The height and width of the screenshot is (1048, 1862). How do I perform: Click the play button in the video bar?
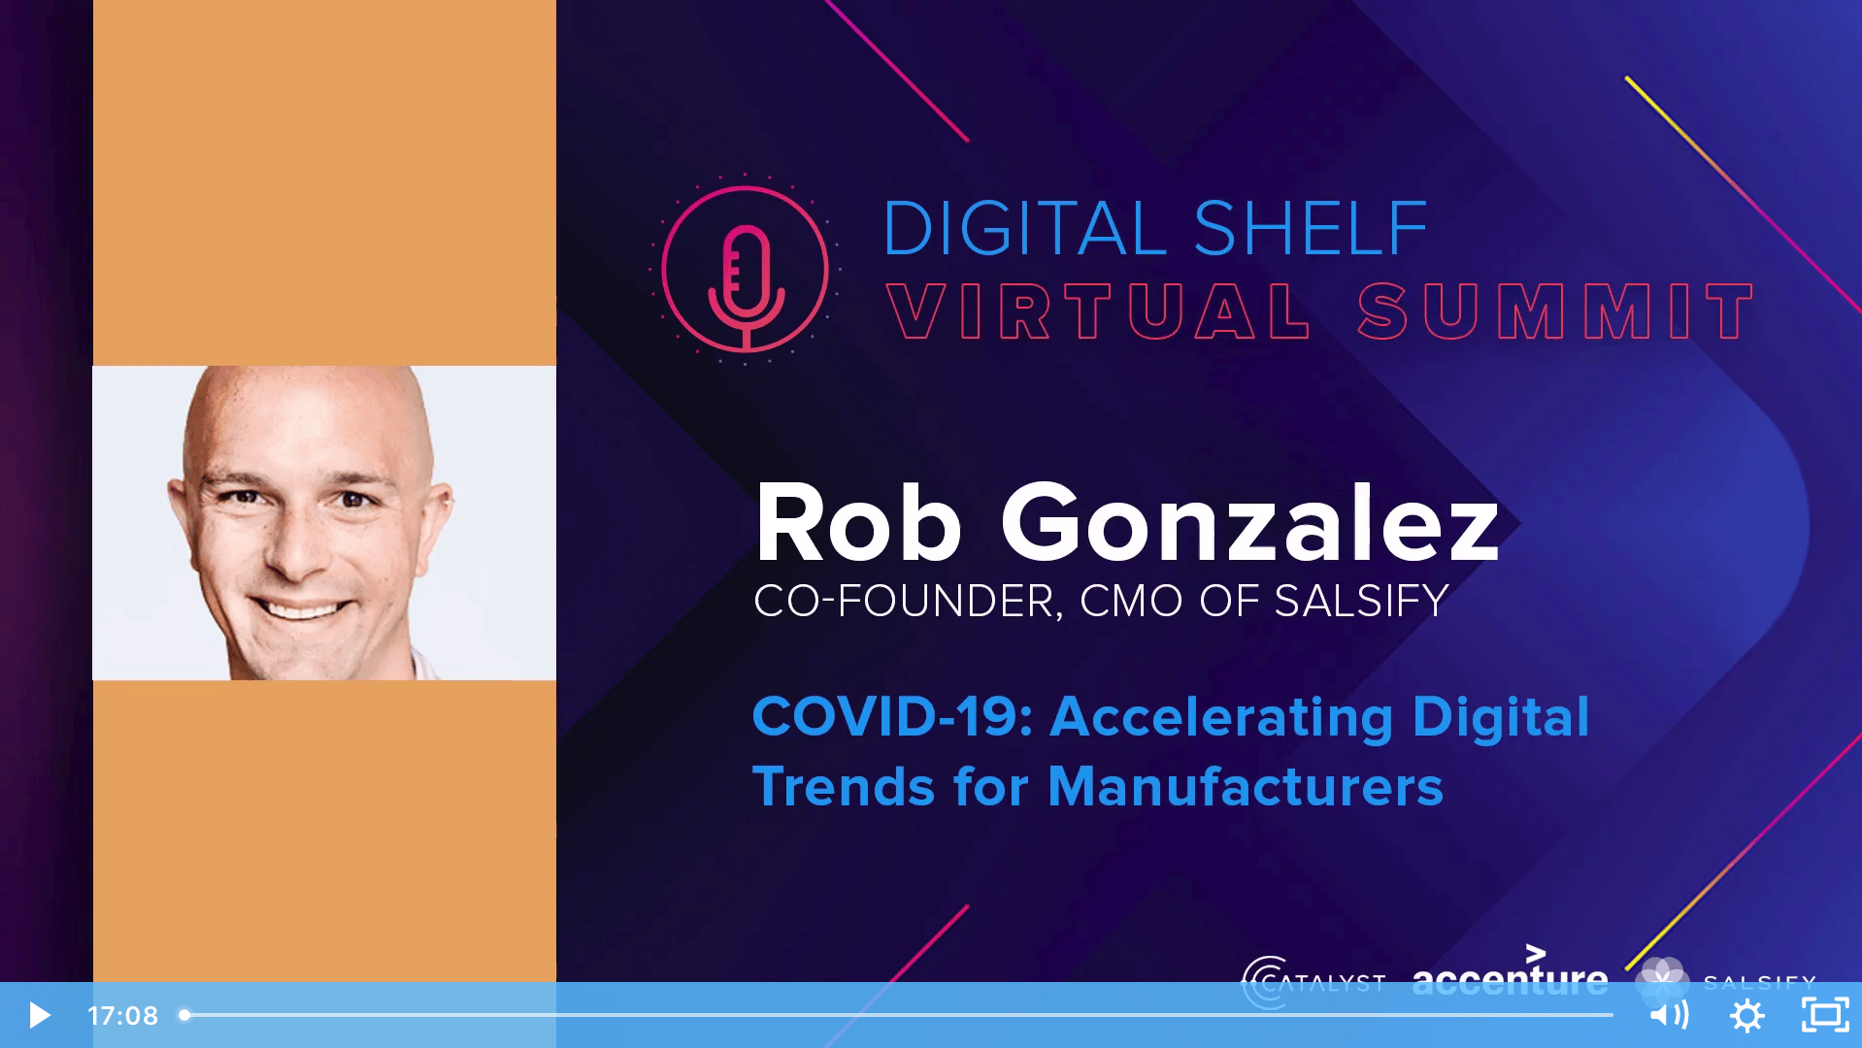(39, 1015)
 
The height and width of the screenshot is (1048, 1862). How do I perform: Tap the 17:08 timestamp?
(122, 1015)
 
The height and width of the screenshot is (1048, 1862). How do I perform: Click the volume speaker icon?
(1669, 1015)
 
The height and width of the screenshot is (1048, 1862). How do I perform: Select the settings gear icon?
(1747, 1015)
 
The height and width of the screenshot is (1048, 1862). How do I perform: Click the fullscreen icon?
(1825, 1015)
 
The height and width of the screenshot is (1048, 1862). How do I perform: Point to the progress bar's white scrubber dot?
(184, 1015)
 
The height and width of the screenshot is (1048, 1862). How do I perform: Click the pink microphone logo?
(745, 269)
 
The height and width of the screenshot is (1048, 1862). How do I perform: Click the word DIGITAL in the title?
(1024, 229)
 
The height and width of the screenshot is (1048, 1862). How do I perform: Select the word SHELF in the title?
(1311, 229)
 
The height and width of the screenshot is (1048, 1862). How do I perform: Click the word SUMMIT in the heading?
(1556, 311)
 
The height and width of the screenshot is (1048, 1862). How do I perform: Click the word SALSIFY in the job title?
(1361, 601)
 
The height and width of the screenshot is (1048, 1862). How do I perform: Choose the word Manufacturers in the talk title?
(1246, 786)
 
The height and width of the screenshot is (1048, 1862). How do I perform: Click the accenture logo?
(1510, 974)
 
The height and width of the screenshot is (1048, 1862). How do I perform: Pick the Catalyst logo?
(1313, 982)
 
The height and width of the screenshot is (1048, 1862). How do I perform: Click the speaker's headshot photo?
(324, 523)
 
